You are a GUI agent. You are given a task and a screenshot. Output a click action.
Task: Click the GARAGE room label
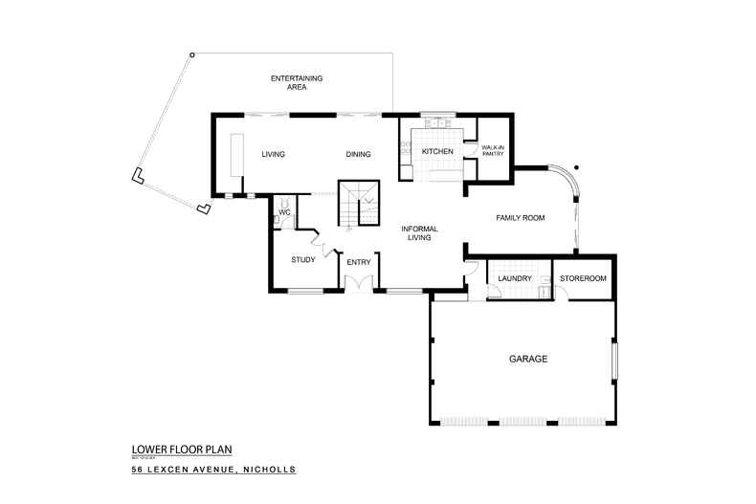point(527,360)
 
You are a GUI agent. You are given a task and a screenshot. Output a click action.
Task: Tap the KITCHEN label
point(437,152)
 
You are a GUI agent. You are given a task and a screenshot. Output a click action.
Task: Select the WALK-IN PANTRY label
point(493,150)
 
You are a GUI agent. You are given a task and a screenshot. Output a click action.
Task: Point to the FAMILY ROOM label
point(520,218)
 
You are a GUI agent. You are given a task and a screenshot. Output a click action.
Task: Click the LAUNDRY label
point(515,278)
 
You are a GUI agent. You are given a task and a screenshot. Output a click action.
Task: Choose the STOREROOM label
point(583,278)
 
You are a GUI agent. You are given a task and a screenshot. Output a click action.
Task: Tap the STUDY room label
point(303,259)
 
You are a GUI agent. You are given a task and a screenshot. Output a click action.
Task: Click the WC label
point(284,212)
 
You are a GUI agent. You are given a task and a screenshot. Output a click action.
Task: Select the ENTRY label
point(359,262)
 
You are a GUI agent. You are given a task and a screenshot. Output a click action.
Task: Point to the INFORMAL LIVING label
point(419,232)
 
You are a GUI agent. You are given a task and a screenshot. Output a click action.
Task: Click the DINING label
point(358,154)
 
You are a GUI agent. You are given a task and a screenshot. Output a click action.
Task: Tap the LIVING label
point(275,154)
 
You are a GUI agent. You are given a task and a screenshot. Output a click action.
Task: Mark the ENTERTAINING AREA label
point(296,81)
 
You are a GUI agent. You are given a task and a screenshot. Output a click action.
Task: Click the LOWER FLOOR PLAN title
point(182,448)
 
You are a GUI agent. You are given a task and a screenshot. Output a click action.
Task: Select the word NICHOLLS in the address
point(270,470)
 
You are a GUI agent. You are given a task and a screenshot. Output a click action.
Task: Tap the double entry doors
point(359,283)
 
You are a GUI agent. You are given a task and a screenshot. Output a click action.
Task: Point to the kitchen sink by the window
point(440,123)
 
